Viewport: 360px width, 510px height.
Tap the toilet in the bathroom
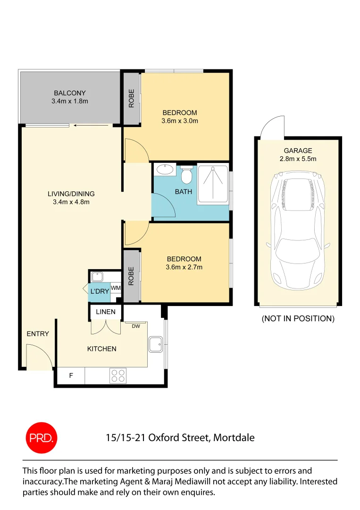tap(187, 176)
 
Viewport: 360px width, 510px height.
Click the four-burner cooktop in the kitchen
tap(117, 375)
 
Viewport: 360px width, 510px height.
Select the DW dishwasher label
tap(136, 326)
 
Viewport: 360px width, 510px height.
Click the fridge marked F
tap(71, 376)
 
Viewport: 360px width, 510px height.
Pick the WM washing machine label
tap(116, 288)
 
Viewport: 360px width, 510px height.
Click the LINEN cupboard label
tap(105, 312)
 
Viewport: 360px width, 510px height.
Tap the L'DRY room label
tap(100, 292)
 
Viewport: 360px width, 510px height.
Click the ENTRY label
tap(38, 334)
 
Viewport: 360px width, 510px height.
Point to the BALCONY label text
tap(70, 93)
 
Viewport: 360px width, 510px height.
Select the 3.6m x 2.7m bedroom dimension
tap(184, 267)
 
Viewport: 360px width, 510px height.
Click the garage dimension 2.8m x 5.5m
tap(298, 159)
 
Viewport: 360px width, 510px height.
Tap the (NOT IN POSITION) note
tap(298, 319)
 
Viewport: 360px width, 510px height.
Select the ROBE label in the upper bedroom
tap(132, 98)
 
